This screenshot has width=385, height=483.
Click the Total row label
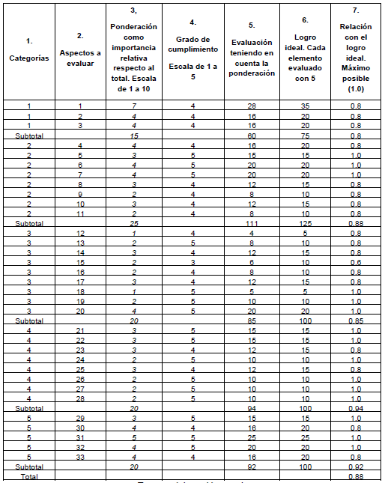tap(28, 476)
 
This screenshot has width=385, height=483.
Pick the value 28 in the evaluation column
tap(252, 107)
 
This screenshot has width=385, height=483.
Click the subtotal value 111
tap(252, 223)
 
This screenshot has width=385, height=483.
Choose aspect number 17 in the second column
tap(80, 282)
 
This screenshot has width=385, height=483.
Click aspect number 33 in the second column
tap(80, 457)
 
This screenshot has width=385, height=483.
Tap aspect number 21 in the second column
tap(80, 330)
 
